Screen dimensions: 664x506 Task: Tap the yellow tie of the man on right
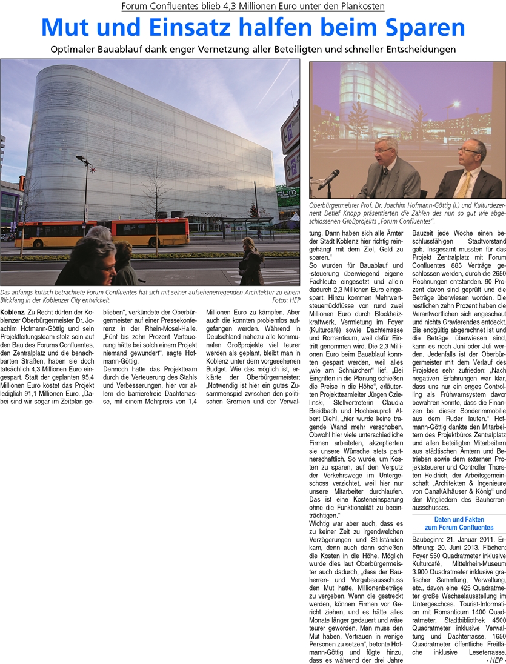(x=467, y=182)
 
